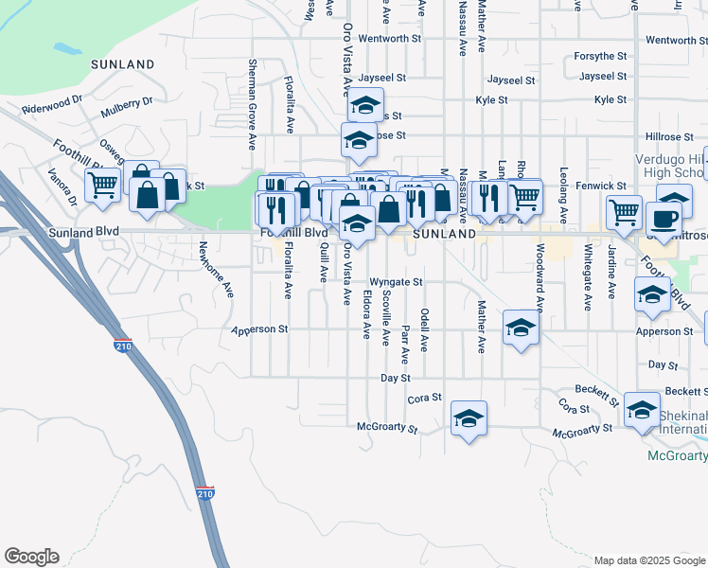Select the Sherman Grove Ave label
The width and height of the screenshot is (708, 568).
(253, 103)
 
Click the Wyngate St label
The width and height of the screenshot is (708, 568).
(395, 282)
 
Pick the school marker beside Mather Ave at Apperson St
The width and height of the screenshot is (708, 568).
(521, 327)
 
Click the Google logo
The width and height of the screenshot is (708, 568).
(31, 557)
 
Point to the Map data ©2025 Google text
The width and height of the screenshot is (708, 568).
(648, 560)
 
